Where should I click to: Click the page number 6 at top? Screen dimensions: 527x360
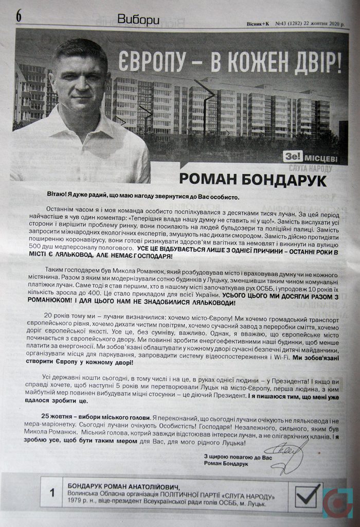(x=19, y=16)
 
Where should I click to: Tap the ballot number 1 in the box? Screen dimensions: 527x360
(x=52, y=493)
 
